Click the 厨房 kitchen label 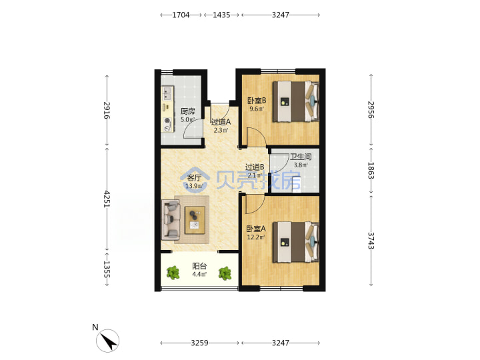tap(187, 111)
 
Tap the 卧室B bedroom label tap(257, 101)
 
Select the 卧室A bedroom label tap(256, 229)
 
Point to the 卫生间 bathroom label tap(301, 157)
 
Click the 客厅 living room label tap(194, 178)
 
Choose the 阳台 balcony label tap(199, 266)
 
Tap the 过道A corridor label tap(221, 122)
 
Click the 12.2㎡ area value tap(256, 237)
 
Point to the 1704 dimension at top tap(181, 15)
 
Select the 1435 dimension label tap(221, 15)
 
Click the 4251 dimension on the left tap(107, 199)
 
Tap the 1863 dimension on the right tap(371, 171)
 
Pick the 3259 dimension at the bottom tap(199, 343)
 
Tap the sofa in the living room tap(171, 219)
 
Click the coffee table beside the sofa tap(195, 220)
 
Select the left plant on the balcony tap(173, 273)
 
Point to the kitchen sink tap(167, 94)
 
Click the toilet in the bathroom tap(297, 186)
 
